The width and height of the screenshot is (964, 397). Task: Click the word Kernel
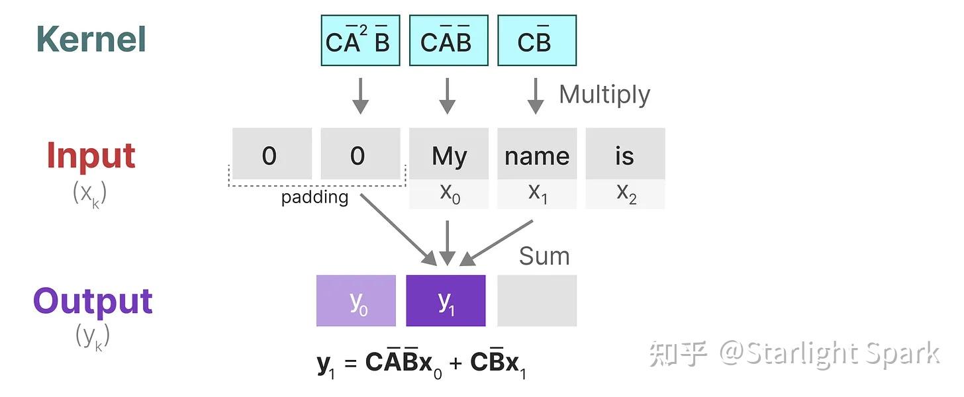(91, 39)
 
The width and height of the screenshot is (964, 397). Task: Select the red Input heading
(91, 155)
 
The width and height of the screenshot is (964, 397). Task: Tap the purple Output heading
(93, 301)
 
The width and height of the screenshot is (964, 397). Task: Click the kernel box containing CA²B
(360, 41)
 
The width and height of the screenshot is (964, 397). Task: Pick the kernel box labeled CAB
(448, 41)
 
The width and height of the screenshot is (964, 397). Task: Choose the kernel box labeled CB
(536, 41)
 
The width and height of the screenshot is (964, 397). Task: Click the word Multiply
(604, 95)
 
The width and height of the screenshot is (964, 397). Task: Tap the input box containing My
(448, 154)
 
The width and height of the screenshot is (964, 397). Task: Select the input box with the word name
(536, 154)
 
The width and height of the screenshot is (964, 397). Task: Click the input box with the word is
(624, 154)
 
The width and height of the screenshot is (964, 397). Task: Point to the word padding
(314, 197)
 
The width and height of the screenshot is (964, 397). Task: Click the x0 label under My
(449, 194)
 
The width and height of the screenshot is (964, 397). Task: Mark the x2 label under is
(625, 194)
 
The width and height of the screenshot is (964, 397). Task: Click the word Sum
(544, 256)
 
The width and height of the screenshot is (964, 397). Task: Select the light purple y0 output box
(356, 301)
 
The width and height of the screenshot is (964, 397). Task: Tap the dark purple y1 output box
(446, 301)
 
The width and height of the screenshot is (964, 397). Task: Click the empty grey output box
(536, 301)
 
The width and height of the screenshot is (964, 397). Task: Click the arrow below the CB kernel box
(535, 95)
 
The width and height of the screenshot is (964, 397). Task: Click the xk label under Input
(89, 193)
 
